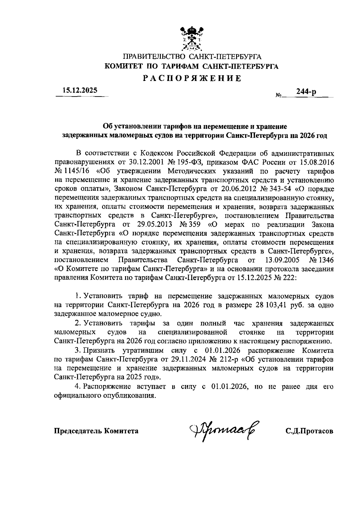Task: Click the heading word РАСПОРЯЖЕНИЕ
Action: click(x=192, y=79)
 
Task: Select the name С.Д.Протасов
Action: click(x=309, y=431)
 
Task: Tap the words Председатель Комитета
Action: click(x=96, y=431)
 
